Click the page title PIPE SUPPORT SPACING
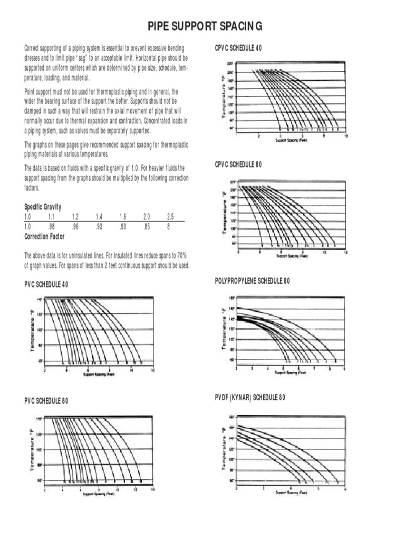pyautogui.click(x=203, y=26)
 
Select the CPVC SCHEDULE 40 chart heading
pyautogui.click(x=238, y=48)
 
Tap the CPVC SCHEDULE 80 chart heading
pyautogui.click(x=238, y=165)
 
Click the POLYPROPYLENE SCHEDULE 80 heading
pyautogui.click(x=252, y=281)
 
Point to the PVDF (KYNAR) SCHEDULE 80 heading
pyautogui.click(x=250, y=398)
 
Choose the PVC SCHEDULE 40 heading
pyautogui.click(x=46, y=285)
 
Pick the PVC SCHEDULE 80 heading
pyautogui.click(x=46, y=401)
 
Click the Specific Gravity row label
pyautogui.click(x=43, y=207)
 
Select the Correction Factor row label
pyautogui.click(x=44, y=237)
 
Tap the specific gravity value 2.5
pyautogui.click(x=170, y=217)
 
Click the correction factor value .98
pyautogui.click(x=51, y=226)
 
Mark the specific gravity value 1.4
pyautogui.click(x=99, y=217)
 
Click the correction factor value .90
pyautogui.click(x=122, y=226)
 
